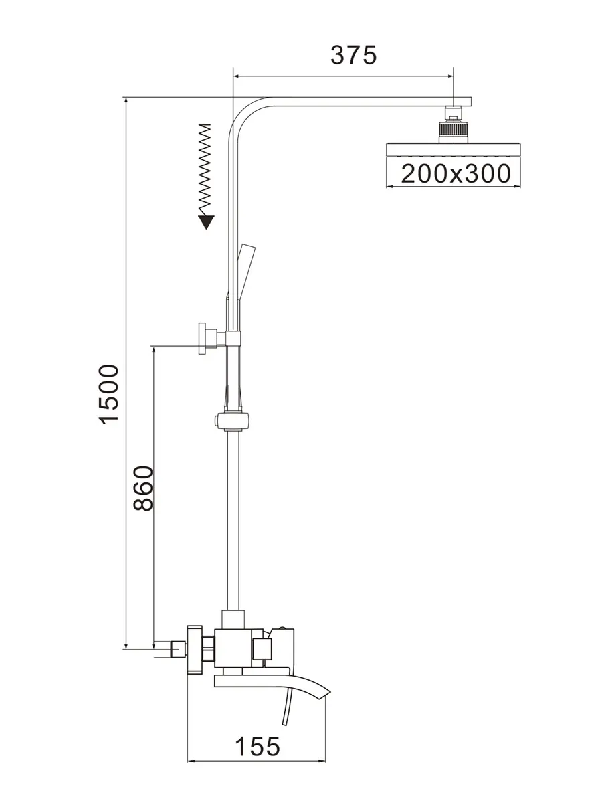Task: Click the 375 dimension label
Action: [x=354, y=55]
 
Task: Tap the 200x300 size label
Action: [x=456, y=174]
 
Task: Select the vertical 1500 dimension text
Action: [x=108, y=393]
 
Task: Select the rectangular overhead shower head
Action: [x=453, y=149]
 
